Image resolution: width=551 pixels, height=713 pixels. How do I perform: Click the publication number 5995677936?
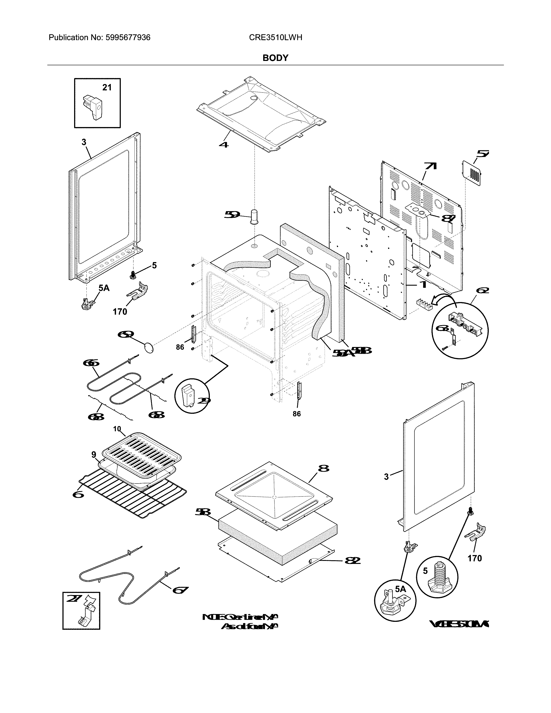(128, 38)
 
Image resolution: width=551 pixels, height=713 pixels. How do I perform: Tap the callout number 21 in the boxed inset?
(107, 88)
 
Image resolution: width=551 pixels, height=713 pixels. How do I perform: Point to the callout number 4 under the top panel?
(224, 144)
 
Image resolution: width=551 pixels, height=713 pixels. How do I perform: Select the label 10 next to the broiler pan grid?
(117, 429)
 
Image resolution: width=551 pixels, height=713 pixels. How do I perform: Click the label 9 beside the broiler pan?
(94, 454)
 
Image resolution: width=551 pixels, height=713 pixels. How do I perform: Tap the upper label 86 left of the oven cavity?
(180, 347)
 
